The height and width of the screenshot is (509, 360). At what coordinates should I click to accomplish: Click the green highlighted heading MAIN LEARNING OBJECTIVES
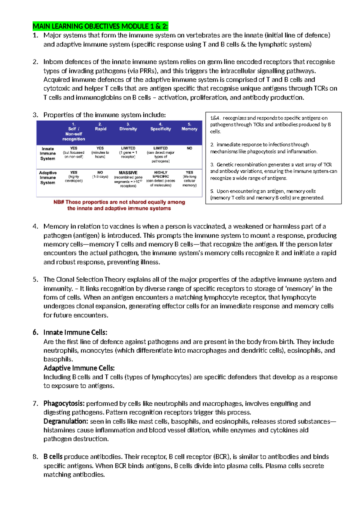[x=100, y=26]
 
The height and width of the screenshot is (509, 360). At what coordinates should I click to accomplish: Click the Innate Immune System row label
[x=48, y=154]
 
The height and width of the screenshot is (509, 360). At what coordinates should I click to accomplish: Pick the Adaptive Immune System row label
[x=48, y=178]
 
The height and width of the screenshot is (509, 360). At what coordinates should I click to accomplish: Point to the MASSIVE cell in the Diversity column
[x=128, y=173]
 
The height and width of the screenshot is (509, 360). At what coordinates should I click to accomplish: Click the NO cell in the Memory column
[x=189, y=148]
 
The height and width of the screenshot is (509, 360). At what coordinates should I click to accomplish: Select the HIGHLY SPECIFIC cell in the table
[x=160, y=174]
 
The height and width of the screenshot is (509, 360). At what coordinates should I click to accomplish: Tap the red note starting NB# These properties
[x=119, y=205]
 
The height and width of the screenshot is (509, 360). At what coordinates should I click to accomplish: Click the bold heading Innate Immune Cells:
[x=75, y=333]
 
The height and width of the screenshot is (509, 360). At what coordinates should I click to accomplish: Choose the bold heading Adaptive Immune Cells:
[x=79, y=368]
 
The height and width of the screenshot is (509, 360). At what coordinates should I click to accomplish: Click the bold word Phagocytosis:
[x=64, y=404]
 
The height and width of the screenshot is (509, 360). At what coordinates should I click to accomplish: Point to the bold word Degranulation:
[x=66, y=421]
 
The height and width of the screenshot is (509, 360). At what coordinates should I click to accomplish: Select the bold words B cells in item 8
[x=53, y=457]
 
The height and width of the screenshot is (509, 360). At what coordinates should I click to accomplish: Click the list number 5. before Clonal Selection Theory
[x=35, y=280]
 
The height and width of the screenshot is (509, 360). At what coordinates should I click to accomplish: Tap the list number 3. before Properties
[x=35, y=115]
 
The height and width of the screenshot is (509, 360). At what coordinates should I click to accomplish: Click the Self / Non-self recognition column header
[x=73, y=132]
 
